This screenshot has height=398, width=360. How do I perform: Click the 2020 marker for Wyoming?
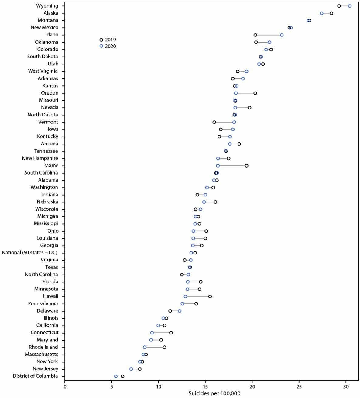pos(350,6)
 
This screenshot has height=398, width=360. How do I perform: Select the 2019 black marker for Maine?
pos(246,166)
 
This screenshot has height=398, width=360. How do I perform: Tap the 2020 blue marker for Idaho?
pos(282,35)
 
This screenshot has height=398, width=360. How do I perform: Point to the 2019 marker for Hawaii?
pos(210,296)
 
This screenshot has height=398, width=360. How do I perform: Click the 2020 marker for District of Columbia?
pos(116,376)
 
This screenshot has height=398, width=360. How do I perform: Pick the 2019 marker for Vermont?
pos(214,122)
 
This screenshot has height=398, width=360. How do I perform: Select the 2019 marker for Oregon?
pos(255,93)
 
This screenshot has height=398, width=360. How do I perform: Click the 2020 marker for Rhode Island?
pos(145,347)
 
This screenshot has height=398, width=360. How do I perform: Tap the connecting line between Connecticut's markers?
pos(161,333)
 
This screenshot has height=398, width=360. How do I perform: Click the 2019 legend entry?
pos(108,40)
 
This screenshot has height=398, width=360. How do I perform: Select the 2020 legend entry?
pos(108,47)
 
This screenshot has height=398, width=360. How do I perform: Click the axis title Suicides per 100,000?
pos(214,394)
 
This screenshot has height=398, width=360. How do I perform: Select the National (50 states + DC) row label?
pos(29,253)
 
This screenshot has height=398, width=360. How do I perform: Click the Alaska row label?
pos(51,13)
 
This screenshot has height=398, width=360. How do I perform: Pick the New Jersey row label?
pos(45,369)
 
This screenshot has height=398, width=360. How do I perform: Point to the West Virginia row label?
pos(43,71)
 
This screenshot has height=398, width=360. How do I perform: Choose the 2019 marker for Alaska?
pos(331,13)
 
